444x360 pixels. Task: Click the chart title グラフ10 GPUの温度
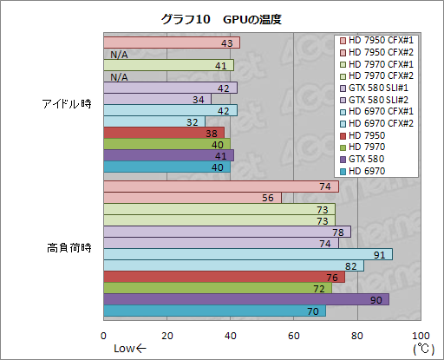(x=221, y=18)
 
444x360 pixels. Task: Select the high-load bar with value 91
(x=247, y=254)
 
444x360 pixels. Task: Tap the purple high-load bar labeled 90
(x=245, y=299)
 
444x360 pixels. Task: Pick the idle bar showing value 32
(x=154, y=121)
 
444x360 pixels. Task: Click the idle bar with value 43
(x=172, y=43)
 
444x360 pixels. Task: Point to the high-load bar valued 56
(x=193, y=198)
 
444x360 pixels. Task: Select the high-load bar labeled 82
(x=233, y=265)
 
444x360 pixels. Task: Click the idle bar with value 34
(x=157, y=99)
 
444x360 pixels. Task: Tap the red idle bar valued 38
(x=164, y=133)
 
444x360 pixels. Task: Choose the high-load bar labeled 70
(x=214, y=311)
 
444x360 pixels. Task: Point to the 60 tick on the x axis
(x=294, y=335)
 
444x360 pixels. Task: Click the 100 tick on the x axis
(x=421, y=335)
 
